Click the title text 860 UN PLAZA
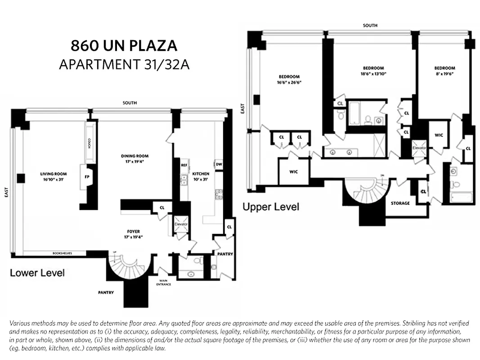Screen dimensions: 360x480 click(124, 46)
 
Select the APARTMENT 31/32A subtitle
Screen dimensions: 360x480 click(124, 64)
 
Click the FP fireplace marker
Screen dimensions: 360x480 click(87, 176)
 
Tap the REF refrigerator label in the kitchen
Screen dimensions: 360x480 click(184, 165)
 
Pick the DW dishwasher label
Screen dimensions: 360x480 click(219, 164)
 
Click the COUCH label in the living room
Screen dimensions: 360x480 click(90, 143)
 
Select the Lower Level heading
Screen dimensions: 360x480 click(37, 273)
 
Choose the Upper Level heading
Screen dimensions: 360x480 click(271, 207)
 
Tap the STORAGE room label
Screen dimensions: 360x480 click(400, 203)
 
